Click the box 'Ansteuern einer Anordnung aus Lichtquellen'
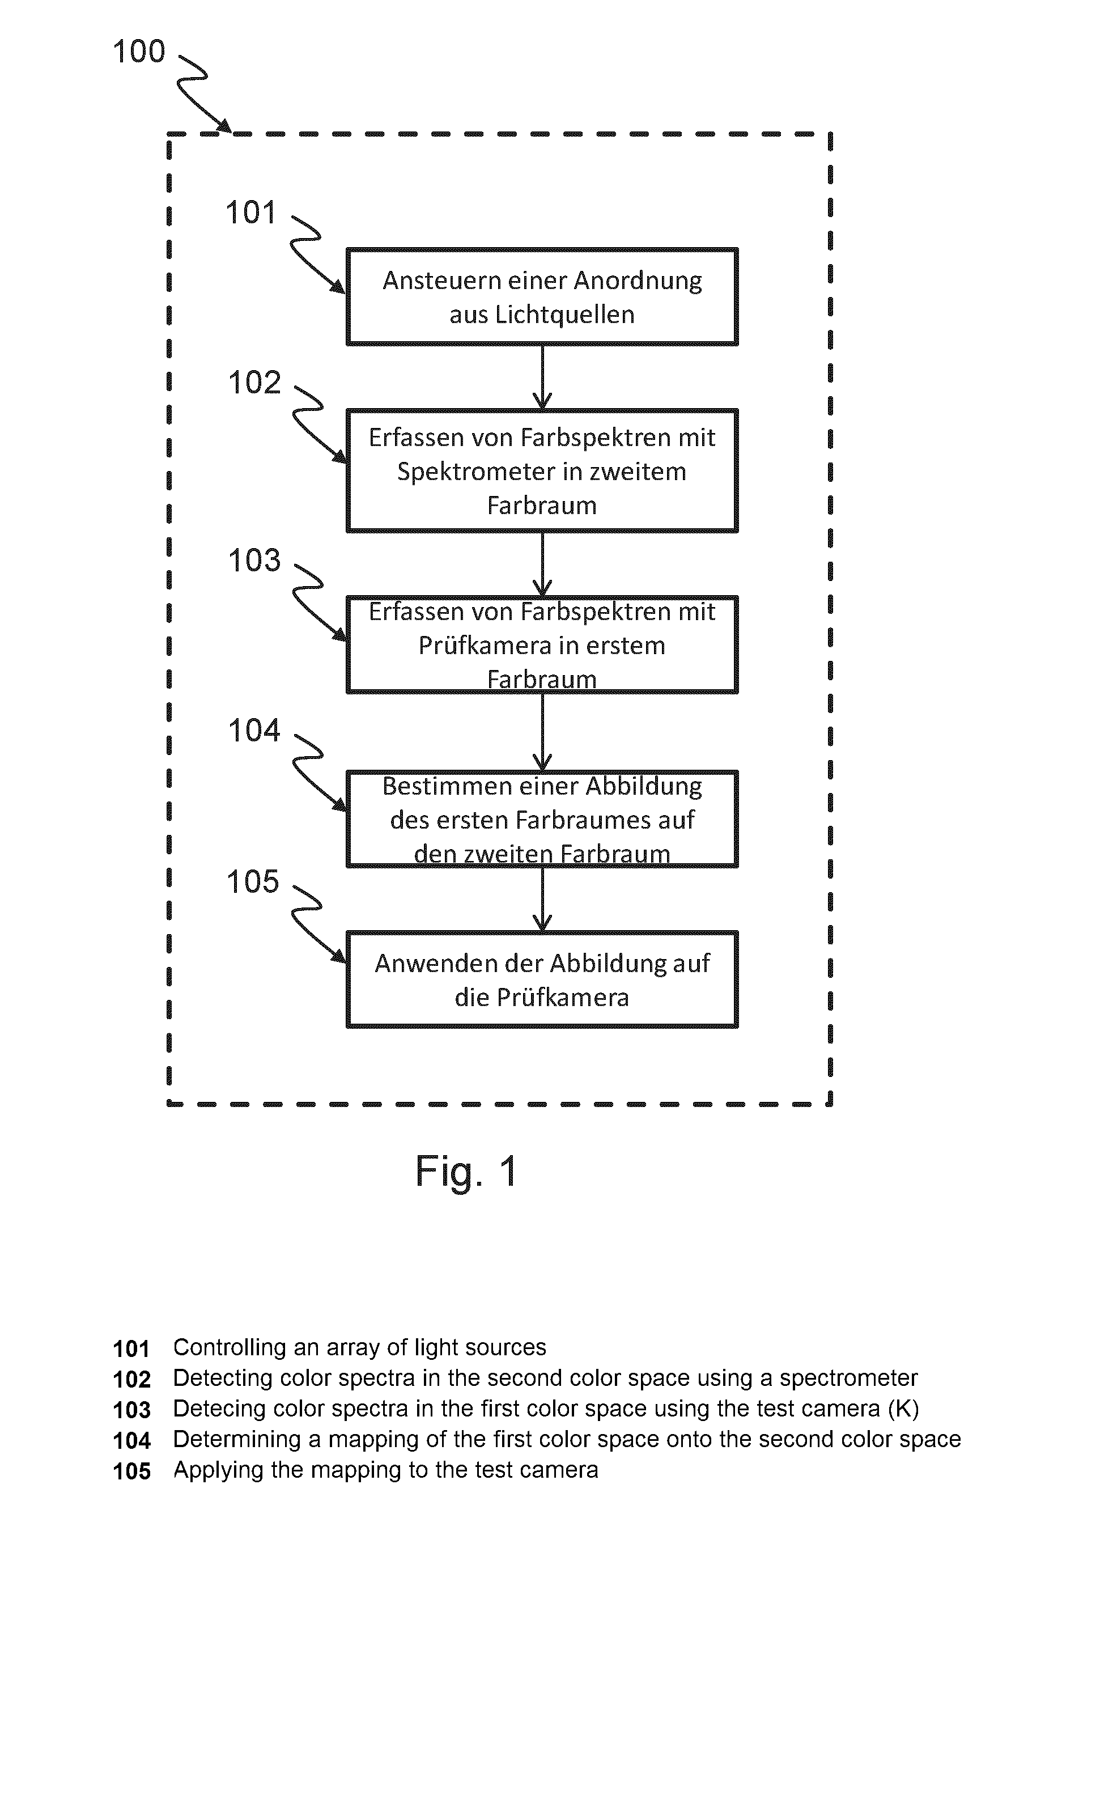click(542, 296)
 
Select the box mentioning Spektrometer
click(542, 470)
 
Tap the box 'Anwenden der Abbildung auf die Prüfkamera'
click(542, 979)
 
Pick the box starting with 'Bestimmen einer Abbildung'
click(542, 818)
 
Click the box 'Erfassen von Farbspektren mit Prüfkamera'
click(542, 644)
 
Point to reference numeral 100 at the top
click(139, 52)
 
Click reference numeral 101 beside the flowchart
click(250, 213)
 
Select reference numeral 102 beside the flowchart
click(254, 383)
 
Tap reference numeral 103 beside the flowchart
click(254, 561)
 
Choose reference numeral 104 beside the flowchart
click(254, 731)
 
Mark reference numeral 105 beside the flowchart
click(253, 882)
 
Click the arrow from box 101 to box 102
click(542, 377)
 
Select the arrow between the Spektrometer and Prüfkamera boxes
click(542, 564)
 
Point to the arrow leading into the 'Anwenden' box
click(542, 899)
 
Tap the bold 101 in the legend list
click(131, 1349)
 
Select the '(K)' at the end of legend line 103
click(903, 1409)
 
